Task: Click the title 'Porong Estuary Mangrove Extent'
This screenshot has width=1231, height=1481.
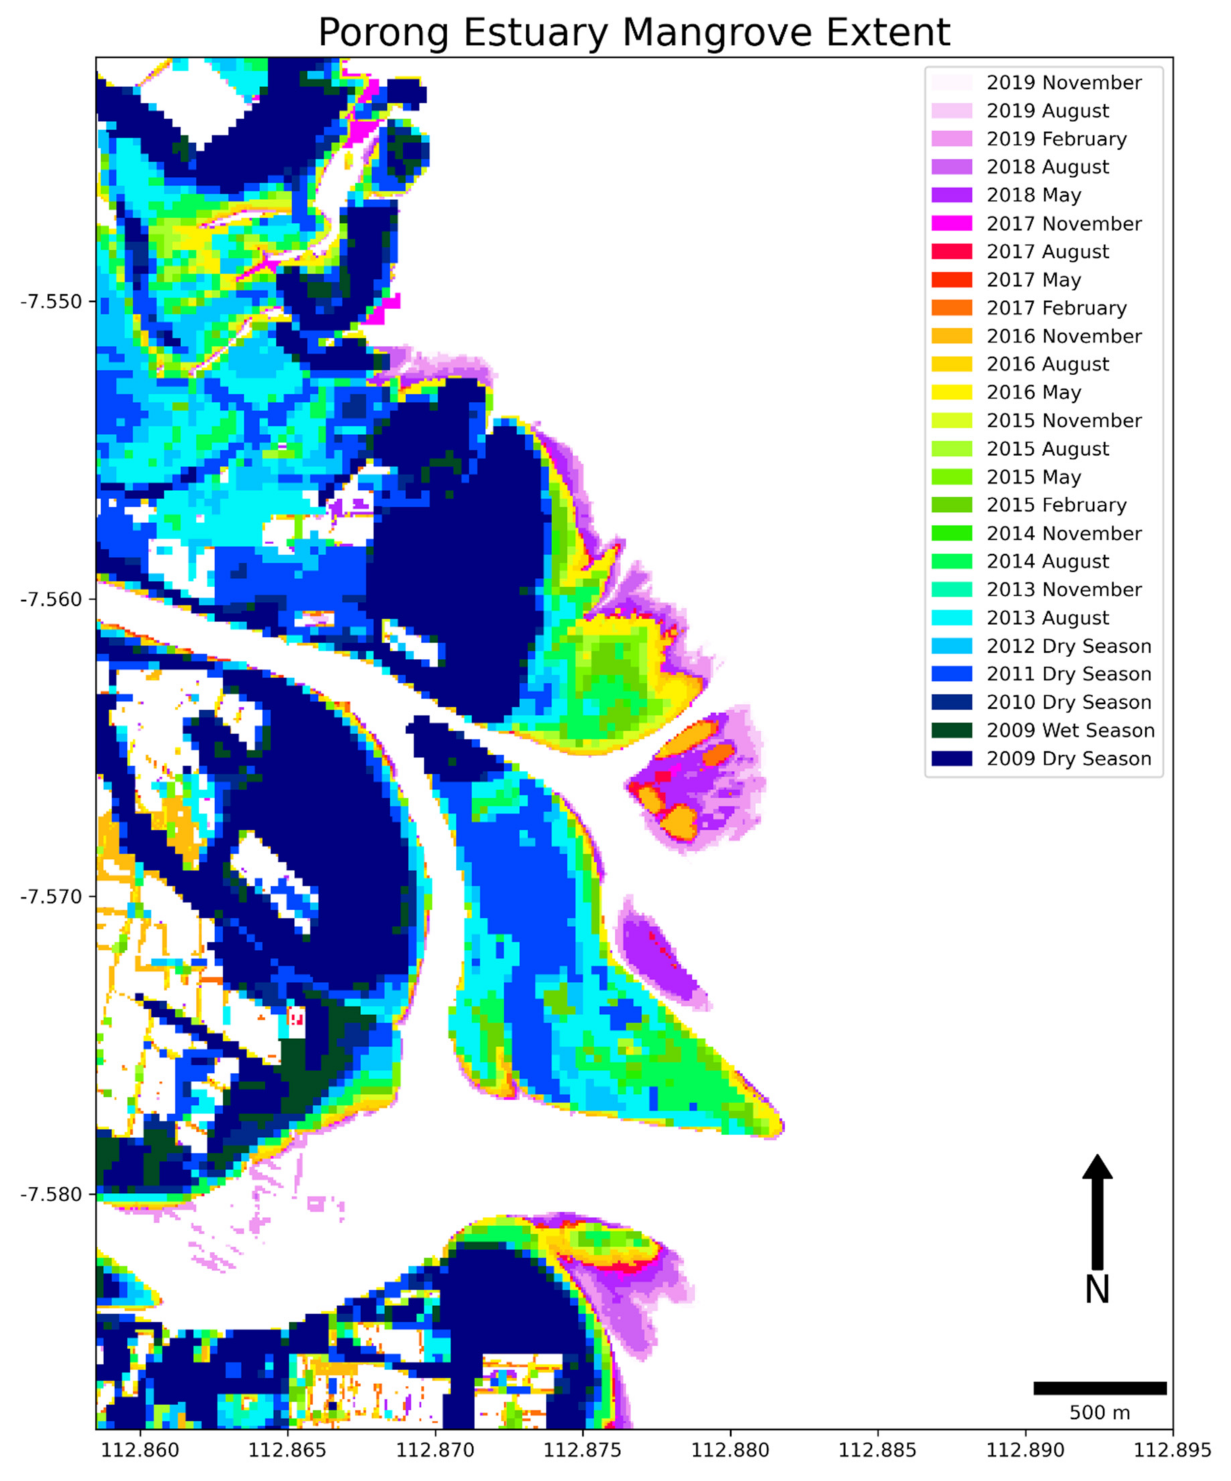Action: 634,32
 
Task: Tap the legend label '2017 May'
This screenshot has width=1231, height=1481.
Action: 1034,280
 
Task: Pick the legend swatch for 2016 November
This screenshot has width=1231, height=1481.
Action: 951,336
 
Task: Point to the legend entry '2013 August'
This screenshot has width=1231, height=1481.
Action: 1048,618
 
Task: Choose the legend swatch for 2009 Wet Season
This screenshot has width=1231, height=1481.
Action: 951,730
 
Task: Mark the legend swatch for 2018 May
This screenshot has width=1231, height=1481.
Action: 951,195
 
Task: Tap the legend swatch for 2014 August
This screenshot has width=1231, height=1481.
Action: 951,561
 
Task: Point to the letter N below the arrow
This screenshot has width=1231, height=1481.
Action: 1097,1290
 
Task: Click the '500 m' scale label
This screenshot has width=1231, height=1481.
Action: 1099,1413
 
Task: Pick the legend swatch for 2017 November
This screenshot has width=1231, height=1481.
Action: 951,224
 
